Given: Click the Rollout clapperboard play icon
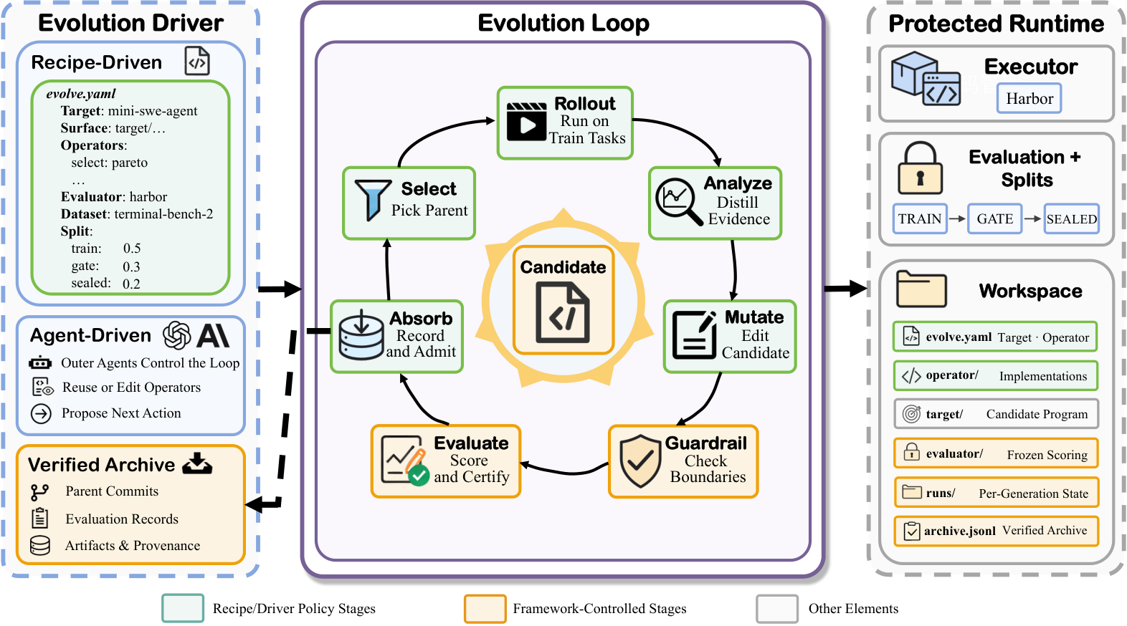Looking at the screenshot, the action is [x=526, y=121].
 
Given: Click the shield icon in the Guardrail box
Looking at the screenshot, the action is [x=640, y=461].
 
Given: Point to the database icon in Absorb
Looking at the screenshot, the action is [x=361, y=335].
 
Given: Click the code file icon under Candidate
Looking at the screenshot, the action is [x=563, y=312].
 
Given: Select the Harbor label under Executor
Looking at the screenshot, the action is [x=1029, y=99].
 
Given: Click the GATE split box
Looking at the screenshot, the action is [x=994, y=218].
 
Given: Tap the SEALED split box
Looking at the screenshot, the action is [x=1071, y=218].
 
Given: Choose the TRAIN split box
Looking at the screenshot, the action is [x=920, y=218].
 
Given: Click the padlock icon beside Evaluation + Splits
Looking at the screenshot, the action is [x=921, y=168].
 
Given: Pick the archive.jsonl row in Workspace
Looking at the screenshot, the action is [x=996, y=531].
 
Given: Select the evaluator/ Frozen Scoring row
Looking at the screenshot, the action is [x=996, y=453].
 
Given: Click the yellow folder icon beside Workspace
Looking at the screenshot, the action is [x=921, y=289].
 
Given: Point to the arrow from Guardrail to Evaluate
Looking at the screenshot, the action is [x=564, y=470].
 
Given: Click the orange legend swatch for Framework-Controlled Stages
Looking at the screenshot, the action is [x=485, y=608].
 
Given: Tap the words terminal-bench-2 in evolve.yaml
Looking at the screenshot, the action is [x=163, y=214].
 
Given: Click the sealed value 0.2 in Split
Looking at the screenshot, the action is [x=131, y=284].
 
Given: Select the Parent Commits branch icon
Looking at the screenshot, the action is [x=39, y=492].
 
